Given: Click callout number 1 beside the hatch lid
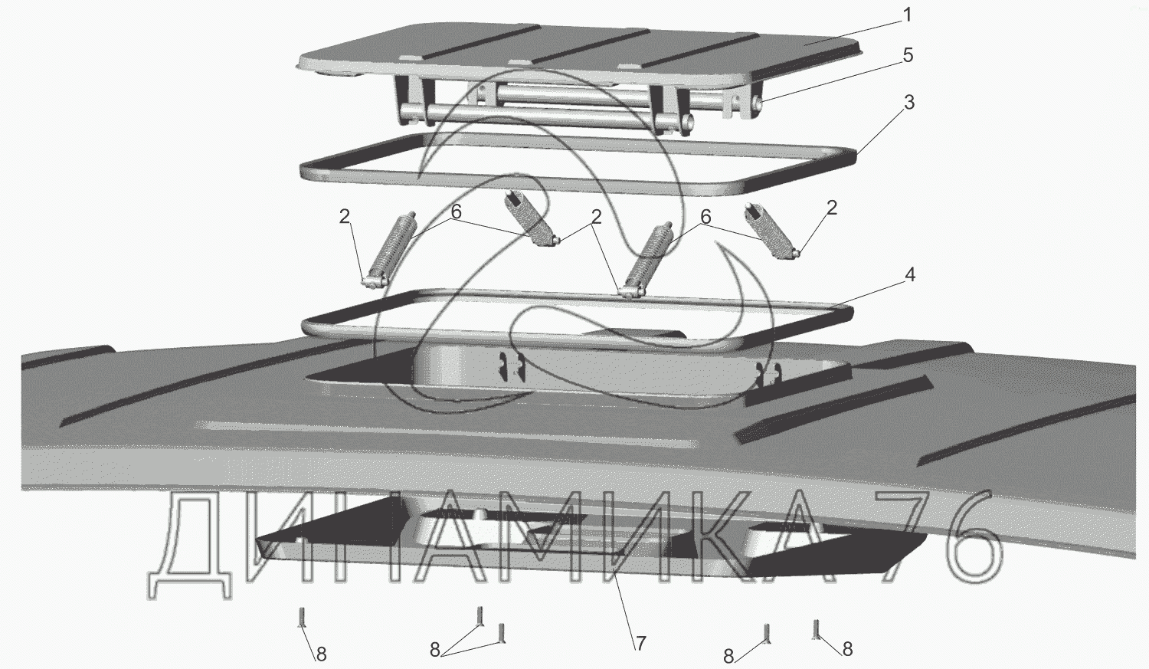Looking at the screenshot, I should pyautogui.click(x=907, y=15).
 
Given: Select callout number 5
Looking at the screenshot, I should pyautogui.click(x=907, y=55).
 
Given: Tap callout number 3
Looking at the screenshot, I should pyautogui.click(x=908, y=103).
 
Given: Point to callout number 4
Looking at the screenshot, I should pyautogui.click(x=909, y=274).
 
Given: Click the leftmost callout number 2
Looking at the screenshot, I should pyautogui.click(x=345, y=217).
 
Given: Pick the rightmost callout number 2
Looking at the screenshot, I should pyautogui.click(x=831, y=208).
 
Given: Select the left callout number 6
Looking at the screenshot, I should pyautogui.click(x=456, y=212).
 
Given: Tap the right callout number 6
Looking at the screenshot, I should pyautogui.click(x=705, y=218).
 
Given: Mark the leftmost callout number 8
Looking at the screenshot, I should pyautogui.click(x=321, y=654).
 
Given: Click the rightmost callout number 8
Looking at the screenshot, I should pyautogui.click(x=847, y=649).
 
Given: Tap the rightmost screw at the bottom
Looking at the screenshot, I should pyautogui.click(x=817, y=628).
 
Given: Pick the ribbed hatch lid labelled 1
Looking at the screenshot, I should pyautogui.click(x=582, y=46).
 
